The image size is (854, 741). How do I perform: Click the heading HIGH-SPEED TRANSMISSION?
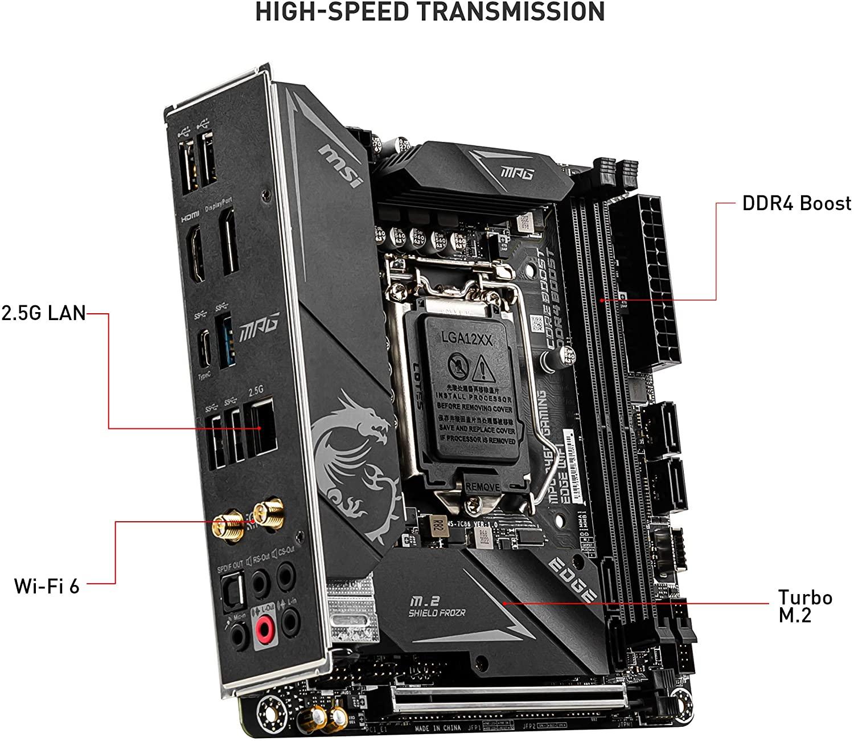coord(430,13)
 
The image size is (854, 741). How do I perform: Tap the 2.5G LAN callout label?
coord(43,313)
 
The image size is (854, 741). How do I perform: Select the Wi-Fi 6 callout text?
coord(47,586)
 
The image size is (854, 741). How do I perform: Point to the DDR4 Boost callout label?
coord(796,204)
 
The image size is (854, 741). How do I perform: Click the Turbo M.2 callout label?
coord(804,606)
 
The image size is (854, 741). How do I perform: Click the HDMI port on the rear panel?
coord(200,255)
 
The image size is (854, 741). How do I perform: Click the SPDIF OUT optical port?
coord(234,587)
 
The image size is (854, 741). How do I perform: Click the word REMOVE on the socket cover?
coord(483,487)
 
